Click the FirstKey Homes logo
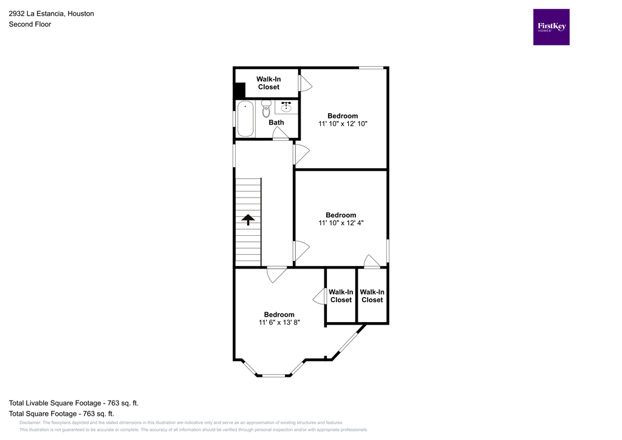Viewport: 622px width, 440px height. (551, 27)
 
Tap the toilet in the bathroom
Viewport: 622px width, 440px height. (265, 109)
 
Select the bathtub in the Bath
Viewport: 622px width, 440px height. (245, 119)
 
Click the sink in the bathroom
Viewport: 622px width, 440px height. (286, 107)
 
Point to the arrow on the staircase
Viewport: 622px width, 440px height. (248, 219)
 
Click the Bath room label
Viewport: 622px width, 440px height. (276, 122)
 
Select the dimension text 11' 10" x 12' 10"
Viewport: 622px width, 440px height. (343, 123)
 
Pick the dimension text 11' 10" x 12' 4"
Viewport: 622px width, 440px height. (341, 223)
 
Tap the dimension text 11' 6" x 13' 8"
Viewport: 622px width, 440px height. (279, 323)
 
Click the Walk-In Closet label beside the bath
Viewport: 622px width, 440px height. (268, 83)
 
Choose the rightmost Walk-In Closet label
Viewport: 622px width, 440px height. (372, 296)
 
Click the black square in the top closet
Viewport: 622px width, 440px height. (239, 90)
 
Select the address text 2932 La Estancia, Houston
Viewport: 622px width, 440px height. (51, 13)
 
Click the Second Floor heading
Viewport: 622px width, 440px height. (30, 24)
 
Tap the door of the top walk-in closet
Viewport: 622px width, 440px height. (304, 83)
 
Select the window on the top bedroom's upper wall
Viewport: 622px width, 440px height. (371, 67)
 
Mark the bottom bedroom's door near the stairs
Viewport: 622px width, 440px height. (277, 273)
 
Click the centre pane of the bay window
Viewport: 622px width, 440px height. (273, 375)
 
